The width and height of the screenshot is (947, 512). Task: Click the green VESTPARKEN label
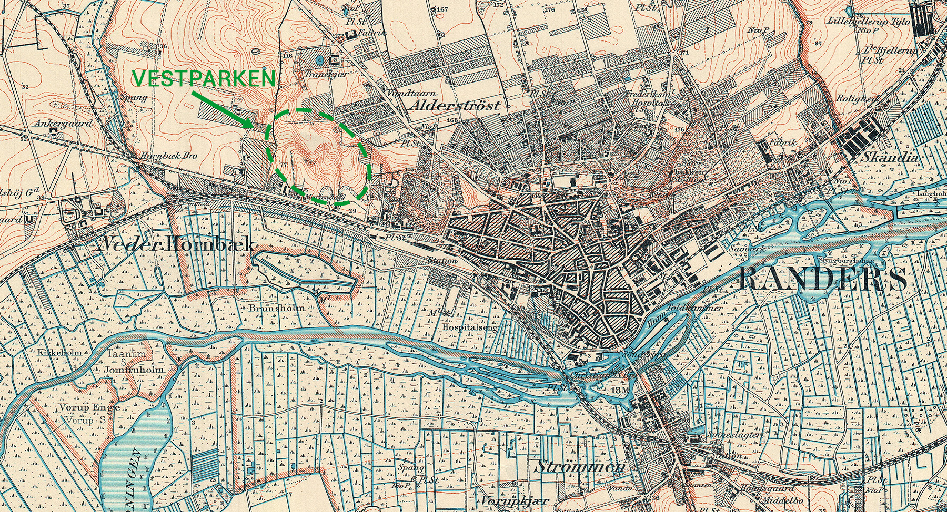204,79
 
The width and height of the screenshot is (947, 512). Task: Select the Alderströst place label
454,105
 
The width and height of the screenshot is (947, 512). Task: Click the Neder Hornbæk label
177,244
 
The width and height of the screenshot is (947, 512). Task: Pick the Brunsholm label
277,308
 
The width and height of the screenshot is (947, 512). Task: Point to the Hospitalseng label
470,326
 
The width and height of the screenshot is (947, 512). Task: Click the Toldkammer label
694,308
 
